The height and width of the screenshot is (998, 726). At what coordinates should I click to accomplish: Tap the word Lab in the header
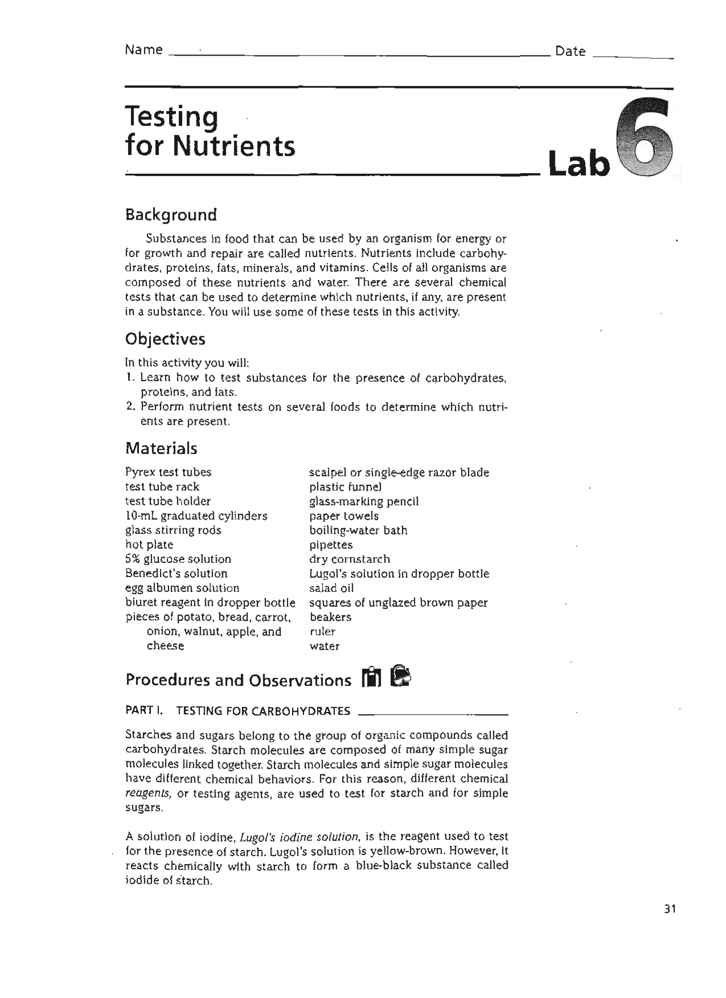tap(579, 164)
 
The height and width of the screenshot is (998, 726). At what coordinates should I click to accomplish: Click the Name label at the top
tap(143, 50)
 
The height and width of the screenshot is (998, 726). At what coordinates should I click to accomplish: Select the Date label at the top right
tap(570, 52)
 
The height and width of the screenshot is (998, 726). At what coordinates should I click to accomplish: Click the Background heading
tap(171, 215)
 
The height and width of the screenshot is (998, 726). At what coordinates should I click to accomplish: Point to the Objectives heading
tap(165, 339)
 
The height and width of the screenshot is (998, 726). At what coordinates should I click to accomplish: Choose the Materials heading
tap(161, 449)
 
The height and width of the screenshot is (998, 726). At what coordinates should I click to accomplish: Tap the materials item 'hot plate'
tap(149, 545)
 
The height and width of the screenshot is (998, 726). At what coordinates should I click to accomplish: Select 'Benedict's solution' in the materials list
tap(176, 574)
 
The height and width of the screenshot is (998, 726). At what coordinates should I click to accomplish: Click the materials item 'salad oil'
tap(332, 588)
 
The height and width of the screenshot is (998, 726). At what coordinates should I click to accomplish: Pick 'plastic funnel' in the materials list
tap(345, 487)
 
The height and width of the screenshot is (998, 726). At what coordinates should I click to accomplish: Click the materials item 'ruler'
tap(323, 631)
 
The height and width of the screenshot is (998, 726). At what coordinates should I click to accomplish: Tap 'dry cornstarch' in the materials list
tap(349, 559)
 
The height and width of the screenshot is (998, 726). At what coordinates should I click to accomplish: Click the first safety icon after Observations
tap(371, 677)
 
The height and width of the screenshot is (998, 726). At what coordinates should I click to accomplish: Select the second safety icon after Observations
tap(400, 676)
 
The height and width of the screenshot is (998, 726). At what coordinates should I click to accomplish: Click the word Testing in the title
tap(171, 117)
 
